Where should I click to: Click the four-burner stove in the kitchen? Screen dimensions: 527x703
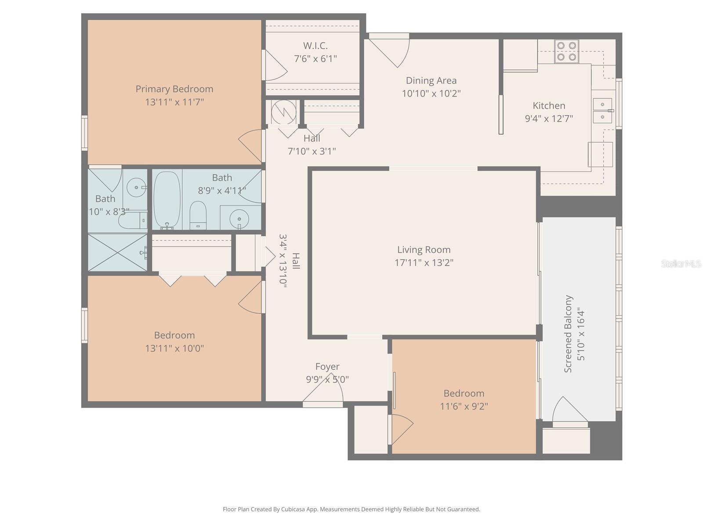566,51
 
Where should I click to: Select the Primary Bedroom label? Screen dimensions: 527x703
174,89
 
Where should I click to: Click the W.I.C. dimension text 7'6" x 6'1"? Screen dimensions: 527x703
315,59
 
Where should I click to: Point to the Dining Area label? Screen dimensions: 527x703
431,81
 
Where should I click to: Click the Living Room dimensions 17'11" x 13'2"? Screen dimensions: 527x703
424,263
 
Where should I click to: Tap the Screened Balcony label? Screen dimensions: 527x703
568,334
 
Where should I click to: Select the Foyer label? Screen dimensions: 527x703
327,367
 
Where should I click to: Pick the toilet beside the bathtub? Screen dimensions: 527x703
198,215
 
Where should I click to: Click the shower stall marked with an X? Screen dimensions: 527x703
117,252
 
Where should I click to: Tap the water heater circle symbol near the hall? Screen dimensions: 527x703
283,112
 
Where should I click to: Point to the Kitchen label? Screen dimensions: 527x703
549,106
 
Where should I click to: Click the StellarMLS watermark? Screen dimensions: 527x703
681,264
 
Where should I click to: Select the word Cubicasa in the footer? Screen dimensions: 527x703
301,509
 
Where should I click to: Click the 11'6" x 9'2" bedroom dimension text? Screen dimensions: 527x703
464,407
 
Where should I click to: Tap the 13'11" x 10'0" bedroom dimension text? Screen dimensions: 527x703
174,349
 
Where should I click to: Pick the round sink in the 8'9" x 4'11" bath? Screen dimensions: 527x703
239,219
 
